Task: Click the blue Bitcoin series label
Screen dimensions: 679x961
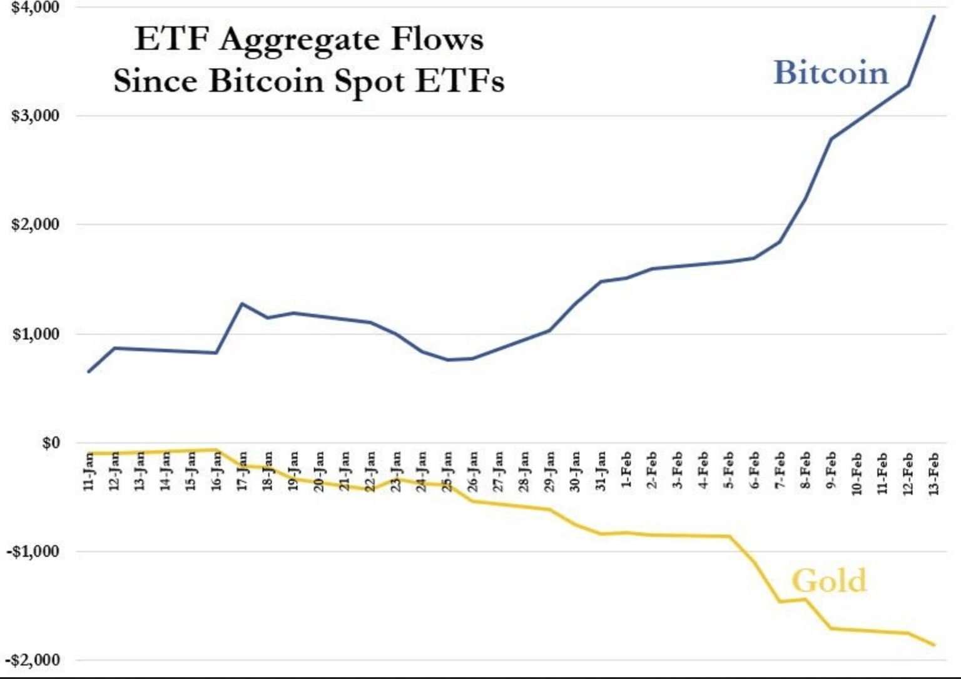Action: point(831,73)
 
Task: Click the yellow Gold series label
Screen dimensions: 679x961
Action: point(829,581)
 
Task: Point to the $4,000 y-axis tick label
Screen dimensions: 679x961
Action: point(35,7)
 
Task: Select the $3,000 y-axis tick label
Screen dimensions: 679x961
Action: point(35,116)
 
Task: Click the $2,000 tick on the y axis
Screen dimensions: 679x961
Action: point(35,224)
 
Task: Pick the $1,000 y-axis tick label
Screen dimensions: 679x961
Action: point(35,334)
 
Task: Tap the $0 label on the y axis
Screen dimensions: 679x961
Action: point(50,443)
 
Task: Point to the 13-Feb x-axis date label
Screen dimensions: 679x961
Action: point(933,473)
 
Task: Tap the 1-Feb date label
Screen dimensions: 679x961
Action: point(626,470)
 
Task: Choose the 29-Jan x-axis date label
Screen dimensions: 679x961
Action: point(549,471)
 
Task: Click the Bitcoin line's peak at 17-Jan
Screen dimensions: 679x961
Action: point(242,304)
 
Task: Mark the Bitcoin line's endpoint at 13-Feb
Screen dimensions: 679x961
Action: point(934,16)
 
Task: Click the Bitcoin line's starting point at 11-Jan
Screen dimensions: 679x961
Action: point(89,372)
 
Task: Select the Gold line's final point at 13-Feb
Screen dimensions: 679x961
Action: point(934,645)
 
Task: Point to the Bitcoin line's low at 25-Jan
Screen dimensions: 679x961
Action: point(447,360)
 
